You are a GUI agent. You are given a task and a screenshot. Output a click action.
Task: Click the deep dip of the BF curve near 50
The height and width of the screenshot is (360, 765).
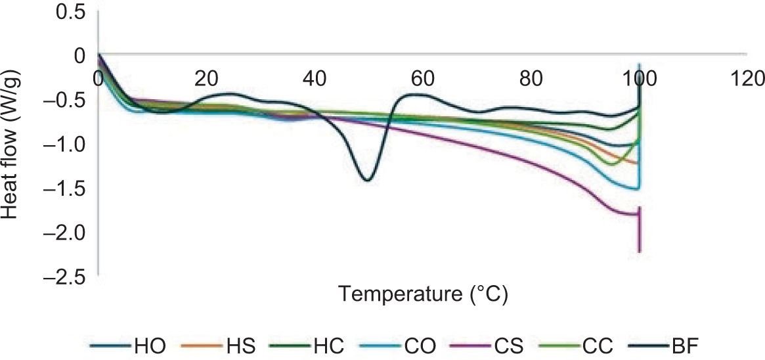(x=367, y=179)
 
